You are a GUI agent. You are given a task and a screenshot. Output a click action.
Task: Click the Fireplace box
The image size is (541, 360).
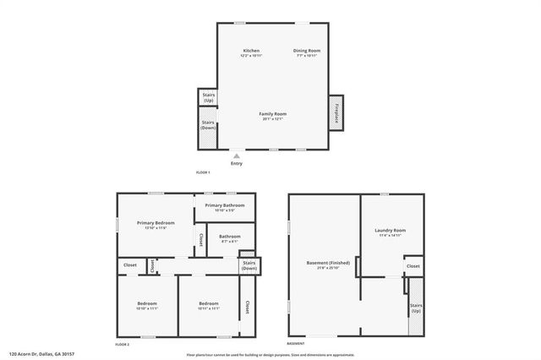(x=336, y=113)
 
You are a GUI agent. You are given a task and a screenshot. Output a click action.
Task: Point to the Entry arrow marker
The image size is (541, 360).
(x=236, y=155)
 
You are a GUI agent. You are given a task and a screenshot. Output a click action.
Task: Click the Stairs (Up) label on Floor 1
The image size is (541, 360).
(x=208, y=98)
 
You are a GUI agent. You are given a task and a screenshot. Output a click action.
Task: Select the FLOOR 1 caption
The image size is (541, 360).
(x=203, y=172)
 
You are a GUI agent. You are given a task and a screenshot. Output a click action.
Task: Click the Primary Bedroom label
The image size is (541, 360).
(x=156, y=225)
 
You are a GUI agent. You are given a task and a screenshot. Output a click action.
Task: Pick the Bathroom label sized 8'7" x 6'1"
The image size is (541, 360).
(x=230, y=238)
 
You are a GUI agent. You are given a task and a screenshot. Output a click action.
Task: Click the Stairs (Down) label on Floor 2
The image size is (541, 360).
(x=249, y=266)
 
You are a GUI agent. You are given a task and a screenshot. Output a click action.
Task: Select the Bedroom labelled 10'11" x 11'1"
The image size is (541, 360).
(x=209, y=306)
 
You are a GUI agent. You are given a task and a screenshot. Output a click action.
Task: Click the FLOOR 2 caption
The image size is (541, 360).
(x=123, y=345)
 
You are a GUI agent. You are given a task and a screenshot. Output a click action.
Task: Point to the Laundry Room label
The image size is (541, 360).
(x=391, y=232)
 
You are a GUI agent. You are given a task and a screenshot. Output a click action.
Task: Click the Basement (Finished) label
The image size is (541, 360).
(x=324, y=265)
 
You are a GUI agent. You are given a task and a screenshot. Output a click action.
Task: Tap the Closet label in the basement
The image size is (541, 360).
(x=413, y=266)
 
